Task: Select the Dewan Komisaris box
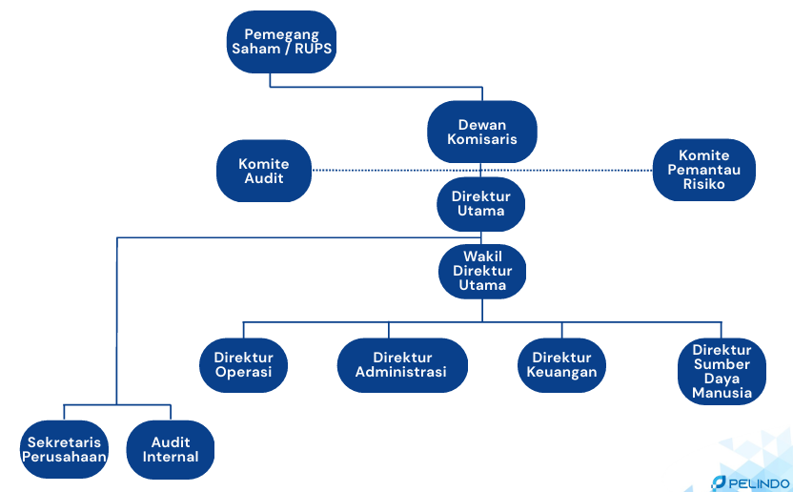tap(482, 132)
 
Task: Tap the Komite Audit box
tap(264, 171)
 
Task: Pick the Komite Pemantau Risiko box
tap(704, 170)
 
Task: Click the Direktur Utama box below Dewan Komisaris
tap(481, 203)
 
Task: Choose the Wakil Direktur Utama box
tap(481, 271)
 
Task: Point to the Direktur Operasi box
tap(243, 365)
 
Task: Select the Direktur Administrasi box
tap(400, 365)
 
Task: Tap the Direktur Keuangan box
tap(562, 365)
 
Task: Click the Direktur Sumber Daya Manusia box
tap(722, 371)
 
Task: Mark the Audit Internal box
tap(171, 449)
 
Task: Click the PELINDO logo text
tap(758, 483)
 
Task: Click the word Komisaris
tap(482, 139)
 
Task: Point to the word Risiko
tap(704, 184)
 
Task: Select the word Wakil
tap(481, 256)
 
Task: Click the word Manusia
tap(722, 393)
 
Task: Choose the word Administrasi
tap(400, 373)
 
